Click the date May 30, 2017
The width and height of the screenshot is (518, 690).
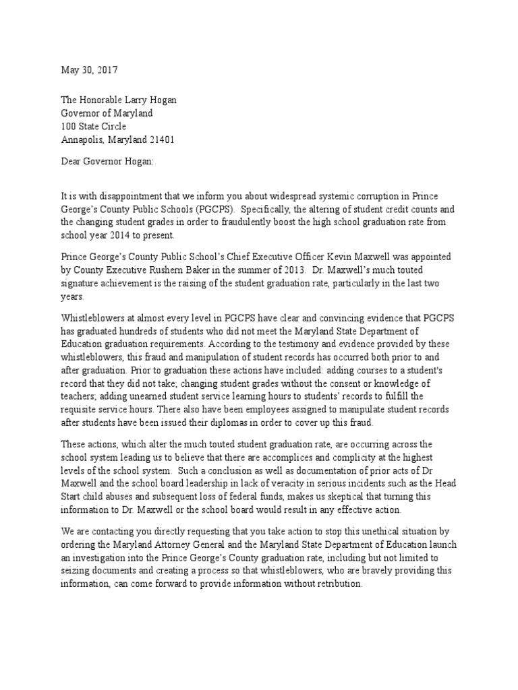[x=89, y=71]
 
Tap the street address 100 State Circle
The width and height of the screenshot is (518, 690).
[x=94, y=126]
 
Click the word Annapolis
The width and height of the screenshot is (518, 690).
[x=82, y=139]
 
